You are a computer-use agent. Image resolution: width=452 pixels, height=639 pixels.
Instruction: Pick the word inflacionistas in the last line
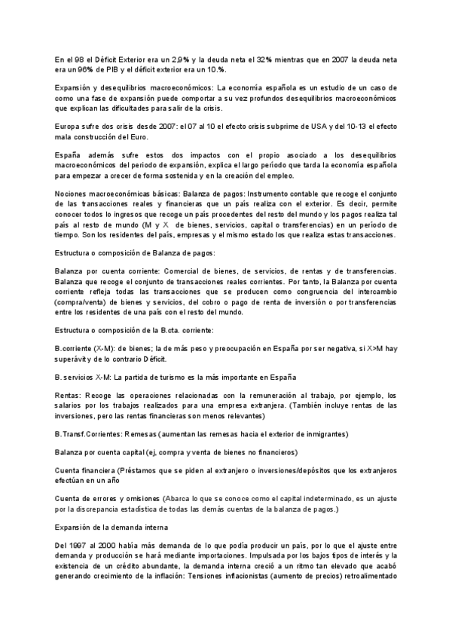(x=246, y=582)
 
